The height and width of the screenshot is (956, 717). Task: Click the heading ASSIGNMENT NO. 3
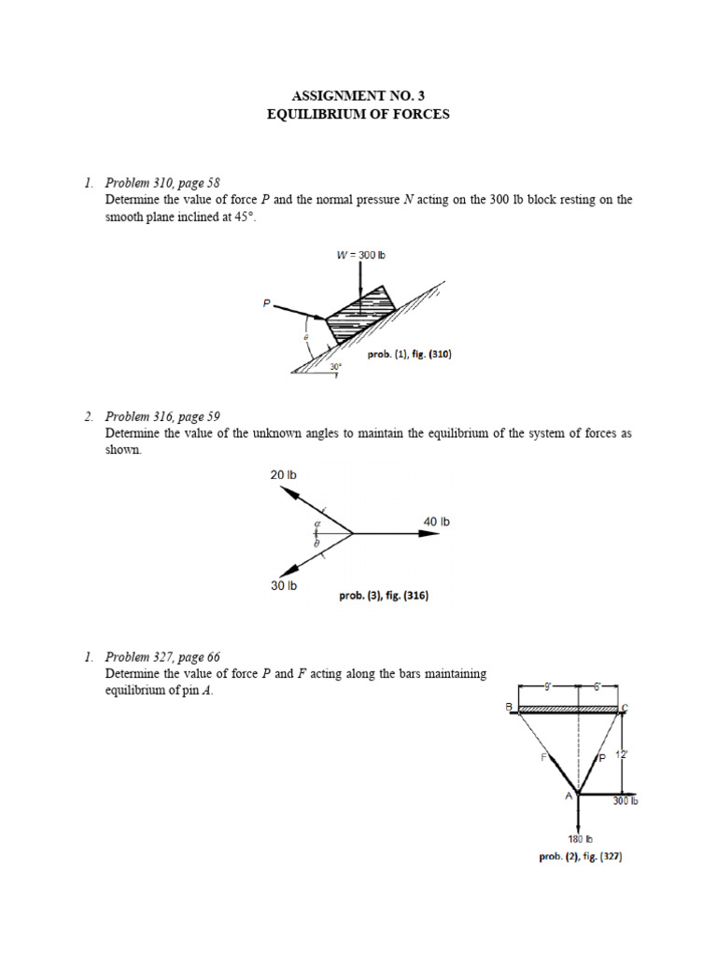[358, 96]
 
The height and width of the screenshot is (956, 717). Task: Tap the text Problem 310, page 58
[162, 182]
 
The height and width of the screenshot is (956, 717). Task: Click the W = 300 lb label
[360, 255]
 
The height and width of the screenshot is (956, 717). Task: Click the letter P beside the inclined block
[266, 302]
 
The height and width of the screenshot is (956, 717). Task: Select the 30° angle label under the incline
[334, 367]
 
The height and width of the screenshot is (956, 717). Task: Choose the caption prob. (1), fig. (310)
[410, 355]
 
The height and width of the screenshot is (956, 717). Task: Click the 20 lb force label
[283, 475]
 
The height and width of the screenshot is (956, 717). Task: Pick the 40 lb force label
[437, 521]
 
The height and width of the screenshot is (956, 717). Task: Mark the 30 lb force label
[284, 585]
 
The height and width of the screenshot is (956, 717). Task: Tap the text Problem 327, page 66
[162, 656]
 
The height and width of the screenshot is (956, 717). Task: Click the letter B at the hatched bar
[510, 707]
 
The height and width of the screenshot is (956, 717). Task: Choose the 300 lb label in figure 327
[626, 800]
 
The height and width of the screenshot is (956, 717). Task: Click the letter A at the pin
[568, 795]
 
